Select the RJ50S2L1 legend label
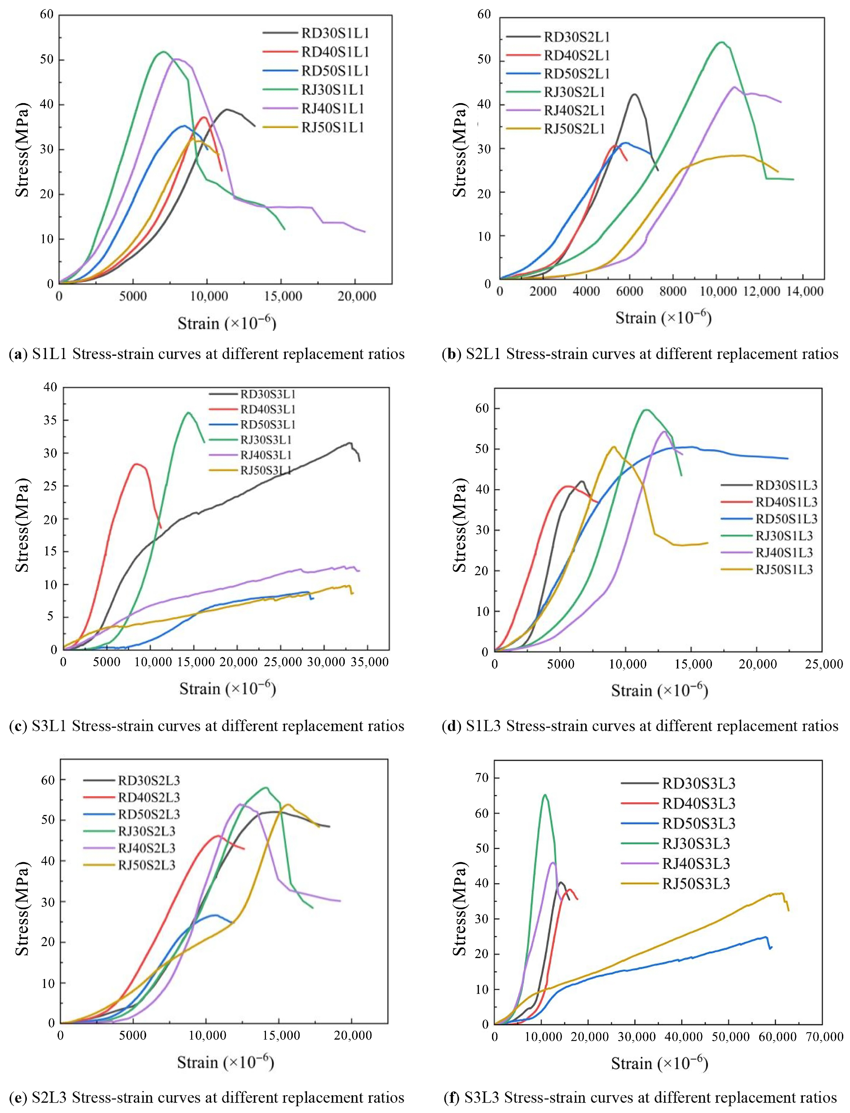coord(574,129)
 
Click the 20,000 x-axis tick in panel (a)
coord(357,296)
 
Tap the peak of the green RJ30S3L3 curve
coord(545,795)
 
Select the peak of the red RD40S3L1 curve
coord(136,464)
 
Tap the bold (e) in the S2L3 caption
coord(18,1098)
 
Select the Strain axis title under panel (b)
coord(663,318)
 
